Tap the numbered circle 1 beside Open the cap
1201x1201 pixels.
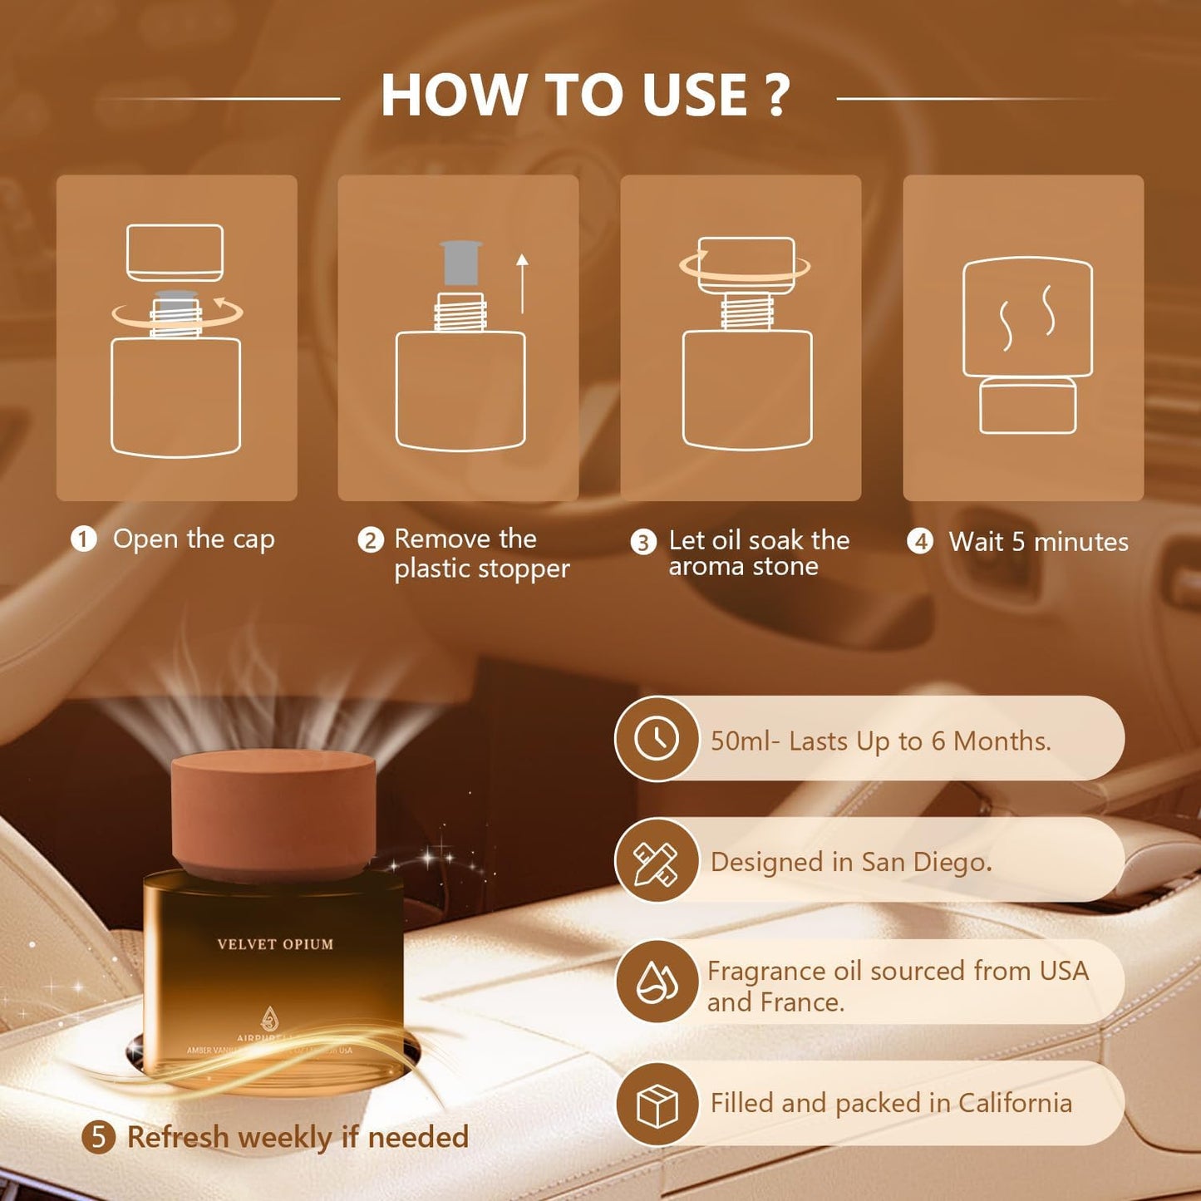[84, 539]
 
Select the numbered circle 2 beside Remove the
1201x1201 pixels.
[371, 540]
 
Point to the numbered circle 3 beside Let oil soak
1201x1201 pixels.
[643, 542]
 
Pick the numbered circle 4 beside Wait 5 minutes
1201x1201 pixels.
[920, 542]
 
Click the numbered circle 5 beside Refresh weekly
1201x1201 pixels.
[99, 1136]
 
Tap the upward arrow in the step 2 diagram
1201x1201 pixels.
[522, 283]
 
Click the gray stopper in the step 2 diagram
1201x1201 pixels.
[460, 263]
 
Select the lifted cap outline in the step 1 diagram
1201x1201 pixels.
[175, 252]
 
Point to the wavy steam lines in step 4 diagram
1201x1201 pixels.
[1027, 316]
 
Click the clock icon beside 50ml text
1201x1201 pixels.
[657, 738]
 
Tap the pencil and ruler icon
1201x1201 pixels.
[657, 861]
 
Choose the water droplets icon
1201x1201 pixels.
[657, 982]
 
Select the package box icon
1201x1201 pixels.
[657, 1104]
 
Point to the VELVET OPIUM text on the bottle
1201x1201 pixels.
[275, 944]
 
